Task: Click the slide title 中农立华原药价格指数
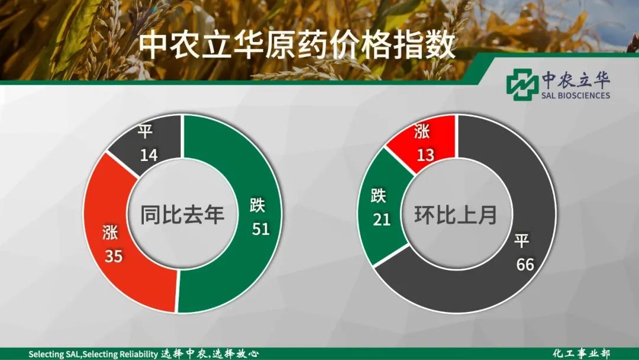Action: [297, 46]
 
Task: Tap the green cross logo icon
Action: [522, 85]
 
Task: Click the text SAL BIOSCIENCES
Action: [576, 95]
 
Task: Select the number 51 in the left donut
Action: [261, 229]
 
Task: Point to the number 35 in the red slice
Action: [114, 256]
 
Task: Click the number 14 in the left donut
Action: [149, 155]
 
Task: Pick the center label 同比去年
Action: [182, 214]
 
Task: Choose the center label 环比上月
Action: [456, 214]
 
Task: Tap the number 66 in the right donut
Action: [525, 265]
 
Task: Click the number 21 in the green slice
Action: [382, 220]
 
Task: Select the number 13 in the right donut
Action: [425, 155]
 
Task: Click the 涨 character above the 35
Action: [111, 232]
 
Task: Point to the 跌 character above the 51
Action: [257, 205]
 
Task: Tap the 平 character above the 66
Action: [522, 240]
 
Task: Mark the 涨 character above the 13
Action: [422, 131]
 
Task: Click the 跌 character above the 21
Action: [379, 196]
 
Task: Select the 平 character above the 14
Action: [145, 131]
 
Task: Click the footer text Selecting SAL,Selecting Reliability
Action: [93, 354]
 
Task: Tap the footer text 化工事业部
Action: [582, 353]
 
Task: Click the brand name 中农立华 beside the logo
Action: [576, 80]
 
